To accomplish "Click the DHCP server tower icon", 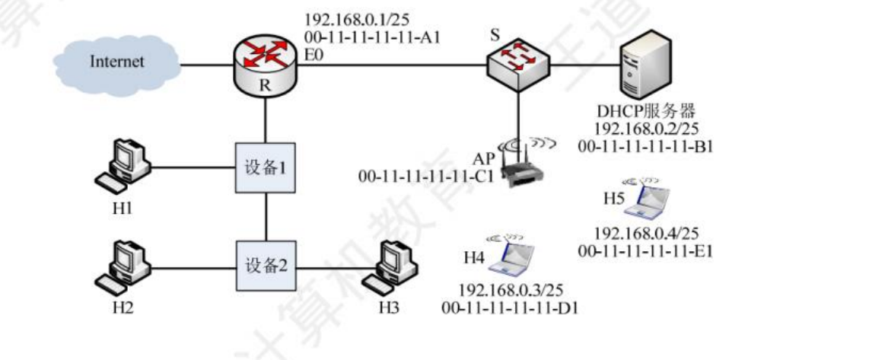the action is [x=646, y=67].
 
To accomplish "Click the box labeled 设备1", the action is [x=265, y=167].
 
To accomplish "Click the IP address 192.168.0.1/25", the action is [x=349, y=19].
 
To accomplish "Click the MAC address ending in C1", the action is [x=426, y=177].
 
